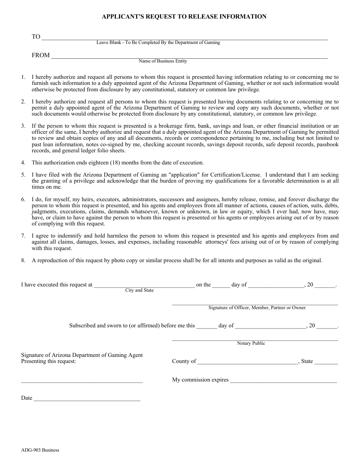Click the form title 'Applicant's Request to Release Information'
[184, 17]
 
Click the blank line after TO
[184, 38]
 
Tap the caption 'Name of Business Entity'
[163, 61]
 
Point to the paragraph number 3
[23, 126]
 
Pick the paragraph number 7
[23, 236]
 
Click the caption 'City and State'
[139, 290]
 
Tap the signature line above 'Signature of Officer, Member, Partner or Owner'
[255, 303]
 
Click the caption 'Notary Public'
[251, 343]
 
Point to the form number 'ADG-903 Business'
[40, 450]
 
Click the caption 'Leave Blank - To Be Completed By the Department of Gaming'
[158, 42]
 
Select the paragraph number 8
[23, 261]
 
